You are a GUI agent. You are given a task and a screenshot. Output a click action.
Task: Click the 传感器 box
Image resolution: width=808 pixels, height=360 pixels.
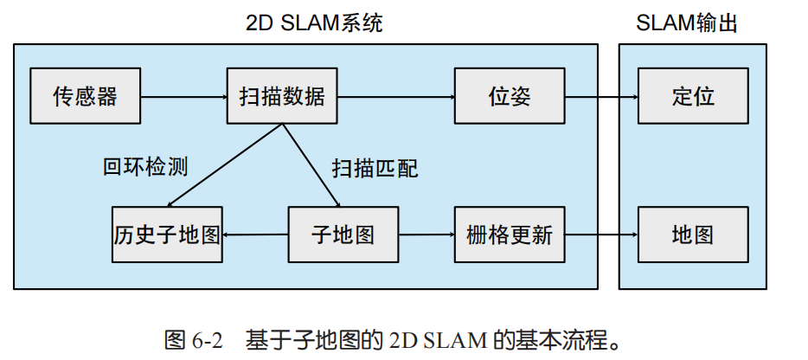click(x=85, y=95)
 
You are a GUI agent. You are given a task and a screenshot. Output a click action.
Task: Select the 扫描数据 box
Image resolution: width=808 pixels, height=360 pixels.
click(x=282, y=95)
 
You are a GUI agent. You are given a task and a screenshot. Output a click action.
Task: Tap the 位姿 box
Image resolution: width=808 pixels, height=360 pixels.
click(x=510, y=95)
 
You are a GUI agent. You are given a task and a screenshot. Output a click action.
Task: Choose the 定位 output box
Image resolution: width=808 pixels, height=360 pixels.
click(x=693, y=95)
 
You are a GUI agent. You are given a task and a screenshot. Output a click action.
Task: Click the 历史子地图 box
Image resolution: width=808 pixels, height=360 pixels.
click(x=166, y=234)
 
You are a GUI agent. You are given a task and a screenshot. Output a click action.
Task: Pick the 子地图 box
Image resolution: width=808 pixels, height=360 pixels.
click(x=343, y=234)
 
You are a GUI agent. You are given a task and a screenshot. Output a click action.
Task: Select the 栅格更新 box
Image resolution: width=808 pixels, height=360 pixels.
click(x=510, y=234)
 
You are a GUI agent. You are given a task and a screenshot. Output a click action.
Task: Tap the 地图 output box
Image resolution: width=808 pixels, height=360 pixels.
click(x=693, y=234)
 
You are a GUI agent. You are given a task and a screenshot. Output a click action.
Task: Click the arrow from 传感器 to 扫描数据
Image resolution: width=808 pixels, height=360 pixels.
click(x=183, y=96)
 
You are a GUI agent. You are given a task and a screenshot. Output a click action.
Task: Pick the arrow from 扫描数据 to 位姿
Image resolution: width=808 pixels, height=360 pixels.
click(x=396, y=96)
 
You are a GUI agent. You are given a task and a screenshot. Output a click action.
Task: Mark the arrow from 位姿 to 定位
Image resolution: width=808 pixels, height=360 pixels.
click(x=601, y=96)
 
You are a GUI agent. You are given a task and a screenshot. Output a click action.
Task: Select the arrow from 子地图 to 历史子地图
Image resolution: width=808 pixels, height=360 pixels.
click(x=255, y=235)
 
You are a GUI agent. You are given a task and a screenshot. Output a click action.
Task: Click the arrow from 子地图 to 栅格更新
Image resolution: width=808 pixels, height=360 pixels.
click(x=426, y=235)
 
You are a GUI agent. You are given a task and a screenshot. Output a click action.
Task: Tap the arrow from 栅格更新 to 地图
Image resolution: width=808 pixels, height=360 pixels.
click(x=601, y=235)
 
